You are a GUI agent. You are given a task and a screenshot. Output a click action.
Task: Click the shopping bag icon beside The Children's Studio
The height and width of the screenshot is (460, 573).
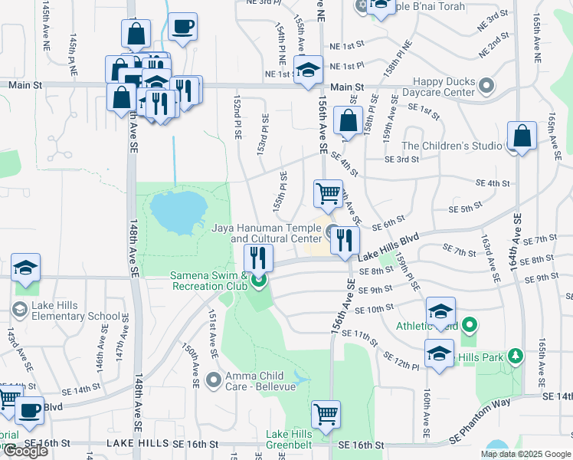click(522, 137)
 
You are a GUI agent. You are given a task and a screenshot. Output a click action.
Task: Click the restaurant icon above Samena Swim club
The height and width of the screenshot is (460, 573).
click(258, 258)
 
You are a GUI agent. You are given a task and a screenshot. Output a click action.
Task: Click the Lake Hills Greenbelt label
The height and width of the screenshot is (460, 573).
click(289, 439)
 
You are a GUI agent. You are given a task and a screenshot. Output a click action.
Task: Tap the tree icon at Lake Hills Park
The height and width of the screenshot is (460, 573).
click(516, 356)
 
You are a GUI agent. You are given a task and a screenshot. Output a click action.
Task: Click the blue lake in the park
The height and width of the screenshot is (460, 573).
click(178, 212)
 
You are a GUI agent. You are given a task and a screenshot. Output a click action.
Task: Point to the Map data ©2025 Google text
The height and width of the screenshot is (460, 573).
click(526, 453)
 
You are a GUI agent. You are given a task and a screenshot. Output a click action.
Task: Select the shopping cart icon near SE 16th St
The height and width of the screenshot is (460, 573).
click(326, 414)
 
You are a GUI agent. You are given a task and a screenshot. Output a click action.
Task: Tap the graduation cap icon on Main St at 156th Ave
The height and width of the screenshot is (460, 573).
click(307, 70)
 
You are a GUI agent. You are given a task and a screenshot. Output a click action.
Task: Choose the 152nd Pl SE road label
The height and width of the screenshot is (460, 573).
click(239, 116)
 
